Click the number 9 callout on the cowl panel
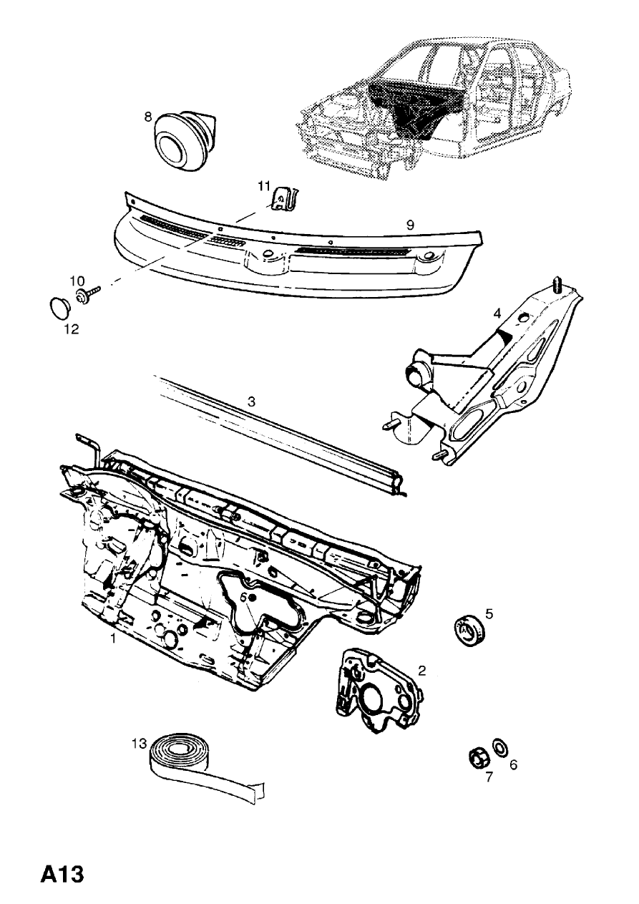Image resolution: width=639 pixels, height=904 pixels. coord(410,225)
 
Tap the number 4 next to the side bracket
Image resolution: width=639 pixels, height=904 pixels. coord(495,313)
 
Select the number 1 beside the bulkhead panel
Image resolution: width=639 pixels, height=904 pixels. coord(113,638)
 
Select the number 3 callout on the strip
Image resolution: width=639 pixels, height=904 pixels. coord(251,402)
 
